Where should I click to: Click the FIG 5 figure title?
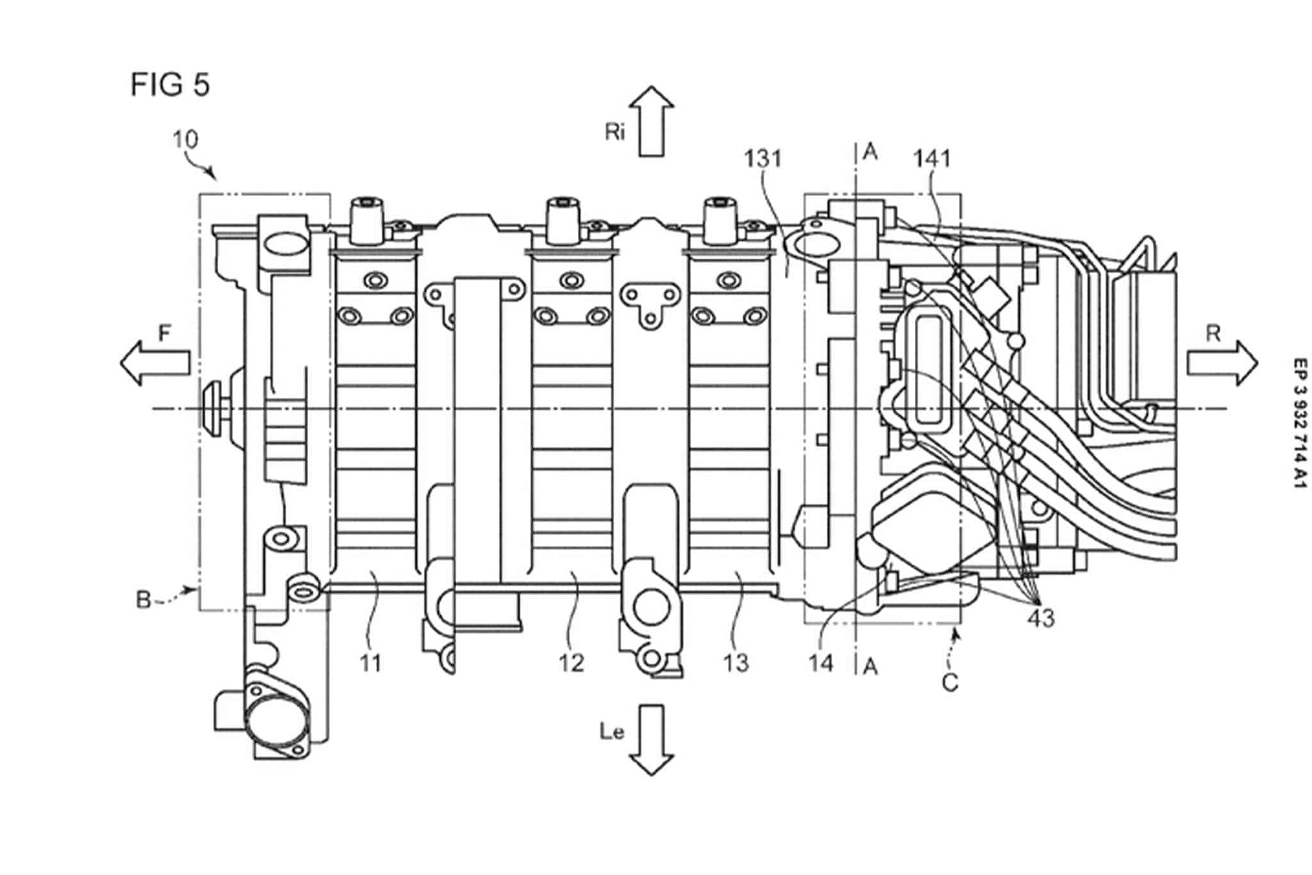point(170,85)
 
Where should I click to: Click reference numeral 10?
point(185,140)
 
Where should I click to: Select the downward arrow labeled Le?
point(651,740)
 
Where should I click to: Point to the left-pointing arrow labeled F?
point(156,363)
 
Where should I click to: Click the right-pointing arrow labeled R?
point(1221,363)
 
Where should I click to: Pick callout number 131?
point(763,158)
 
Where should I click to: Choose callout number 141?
point(931,158)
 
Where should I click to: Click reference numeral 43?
point(1040,618)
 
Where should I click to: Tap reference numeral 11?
point(370,663)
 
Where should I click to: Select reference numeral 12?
point(571,663)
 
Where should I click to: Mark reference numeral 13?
point(735,663)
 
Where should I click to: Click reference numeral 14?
point(821,663)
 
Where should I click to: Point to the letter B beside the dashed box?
point(143,600)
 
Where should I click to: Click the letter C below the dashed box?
point(950,683)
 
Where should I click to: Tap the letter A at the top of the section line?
point(870,152)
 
